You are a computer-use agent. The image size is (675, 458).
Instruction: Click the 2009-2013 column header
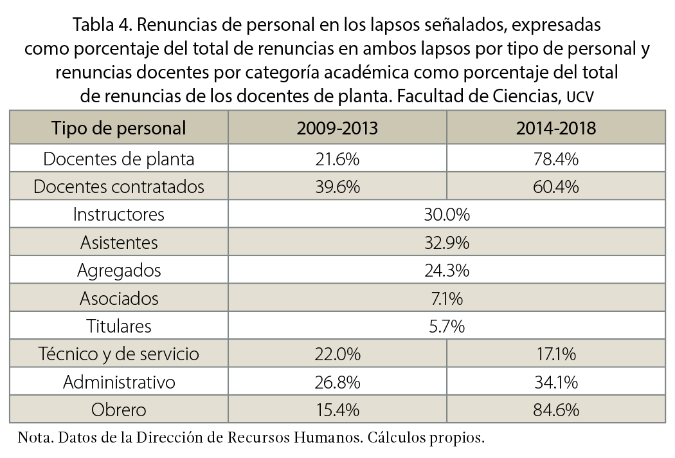(x=337, y=127)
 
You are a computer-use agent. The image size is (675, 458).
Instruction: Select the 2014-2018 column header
(x=555, y=127)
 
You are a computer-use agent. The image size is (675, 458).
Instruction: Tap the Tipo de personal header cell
(x=119, y=127)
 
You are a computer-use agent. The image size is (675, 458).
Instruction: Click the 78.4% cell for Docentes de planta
(x=555, y=158)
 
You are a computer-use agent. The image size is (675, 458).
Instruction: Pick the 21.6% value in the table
(x=337, y=158)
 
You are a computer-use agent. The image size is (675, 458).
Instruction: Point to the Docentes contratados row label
(x=119, y=187)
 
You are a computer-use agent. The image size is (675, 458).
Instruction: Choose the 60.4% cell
(x=555, y=187)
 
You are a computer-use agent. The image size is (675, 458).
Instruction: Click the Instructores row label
(x=119, y=214)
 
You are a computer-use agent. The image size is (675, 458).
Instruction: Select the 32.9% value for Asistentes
(x=446, y=243)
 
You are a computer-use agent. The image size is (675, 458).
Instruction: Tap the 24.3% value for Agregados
(x=446, y=271)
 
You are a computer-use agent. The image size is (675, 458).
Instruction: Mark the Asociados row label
(x=119, y=298)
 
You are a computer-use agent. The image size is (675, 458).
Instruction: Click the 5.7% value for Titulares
(x=446, y=326)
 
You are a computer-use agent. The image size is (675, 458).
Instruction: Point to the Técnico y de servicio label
(x=119, y=354)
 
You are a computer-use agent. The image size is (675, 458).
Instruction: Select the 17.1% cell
(x=555, y=354)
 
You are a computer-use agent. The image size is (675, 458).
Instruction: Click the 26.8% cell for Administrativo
(x=337, y=382)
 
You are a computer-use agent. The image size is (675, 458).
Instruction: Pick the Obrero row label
(x=119, y=410)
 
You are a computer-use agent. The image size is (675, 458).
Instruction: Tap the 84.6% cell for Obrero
(x=555, y=410)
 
